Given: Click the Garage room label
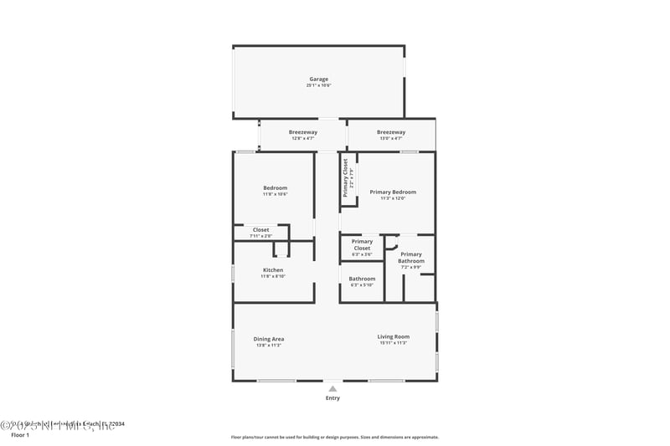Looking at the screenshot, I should point(318,79).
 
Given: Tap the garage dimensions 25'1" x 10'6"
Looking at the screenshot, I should point(318,85).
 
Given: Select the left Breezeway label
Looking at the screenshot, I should point(302,132).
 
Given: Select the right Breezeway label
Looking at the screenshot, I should point(391,132).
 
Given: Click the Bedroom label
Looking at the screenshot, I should point(275,187).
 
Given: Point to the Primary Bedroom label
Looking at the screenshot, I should point(393,192).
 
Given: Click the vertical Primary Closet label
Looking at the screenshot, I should point(345,177).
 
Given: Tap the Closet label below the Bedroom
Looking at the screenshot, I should point(261,229).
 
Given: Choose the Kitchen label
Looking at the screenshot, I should point(273,270).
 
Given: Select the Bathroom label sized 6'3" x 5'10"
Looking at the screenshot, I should point(362,279).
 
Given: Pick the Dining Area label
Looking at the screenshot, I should point(269,339).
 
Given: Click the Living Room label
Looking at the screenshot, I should point(393,336).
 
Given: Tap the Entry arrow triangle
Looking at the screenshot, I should point(332,388).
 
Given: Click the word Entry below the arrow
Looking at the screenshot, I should point(332,398).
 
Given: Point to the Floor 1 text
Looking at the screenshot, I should point(19,435).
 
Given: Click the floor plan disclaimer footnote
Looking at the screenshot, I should point(334,437).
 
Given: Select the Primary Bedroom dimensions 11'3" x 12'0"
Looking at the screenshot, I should point(393,198).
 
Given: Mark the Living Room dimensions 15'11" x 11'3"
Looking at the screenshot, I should point(393,343).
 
